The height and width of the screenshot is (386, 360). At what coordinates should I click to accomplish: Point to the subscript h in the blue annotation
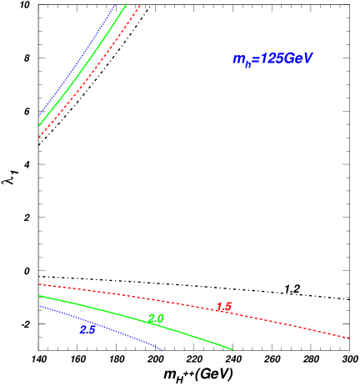click(248, 63)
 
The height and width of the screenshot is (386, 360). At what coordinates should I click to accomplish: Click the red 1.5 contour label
click(223, 307)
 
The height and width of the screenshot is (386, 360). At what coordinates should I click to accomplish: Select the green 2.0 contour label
click(156, 318)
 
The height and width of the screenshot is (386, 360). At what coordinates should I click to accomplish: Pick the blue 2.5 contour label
click(88, 329)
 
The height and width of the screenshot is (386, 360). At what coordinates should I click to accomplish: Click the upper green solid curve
click(83, 63)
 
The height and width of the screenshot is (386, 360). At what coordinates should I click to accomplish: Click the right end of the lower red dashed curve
click(349, 338)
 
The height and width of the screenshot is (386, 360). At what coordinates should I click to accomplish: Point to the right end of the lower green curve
click(232, 349)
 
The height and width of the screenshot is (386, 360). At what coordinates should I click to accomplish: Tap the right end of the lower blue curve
click(162, 350)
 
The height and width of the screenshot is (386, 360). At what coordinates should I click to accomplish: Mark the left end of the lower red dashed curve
click(39, 284)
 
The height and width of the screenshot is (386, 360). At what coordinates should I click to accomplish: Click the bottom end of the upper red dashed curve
click(39, 137)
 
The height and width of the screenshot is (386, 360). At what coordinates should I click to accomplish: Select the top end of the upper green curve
click(126, 5)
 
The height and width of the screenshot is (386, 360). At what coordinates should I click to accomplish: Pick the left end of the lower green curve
click(39, 295)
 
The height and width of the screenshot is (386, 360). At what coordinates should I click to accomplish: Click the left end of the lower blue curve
click(39, 305)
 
